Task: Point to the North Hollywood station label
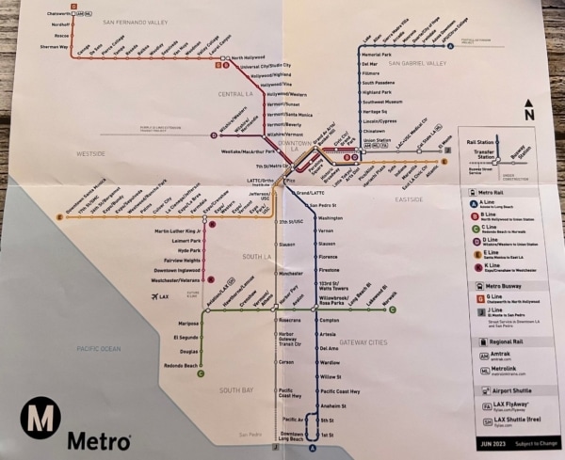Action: tap(249, 56)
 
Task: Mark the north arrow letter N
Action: tap(530, 114)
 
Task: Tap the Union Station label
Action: tap(377, 140)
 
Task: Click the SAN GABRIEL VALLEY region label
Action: tap(414, 63)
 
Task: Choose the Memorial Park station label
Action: tap(378, 55)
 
